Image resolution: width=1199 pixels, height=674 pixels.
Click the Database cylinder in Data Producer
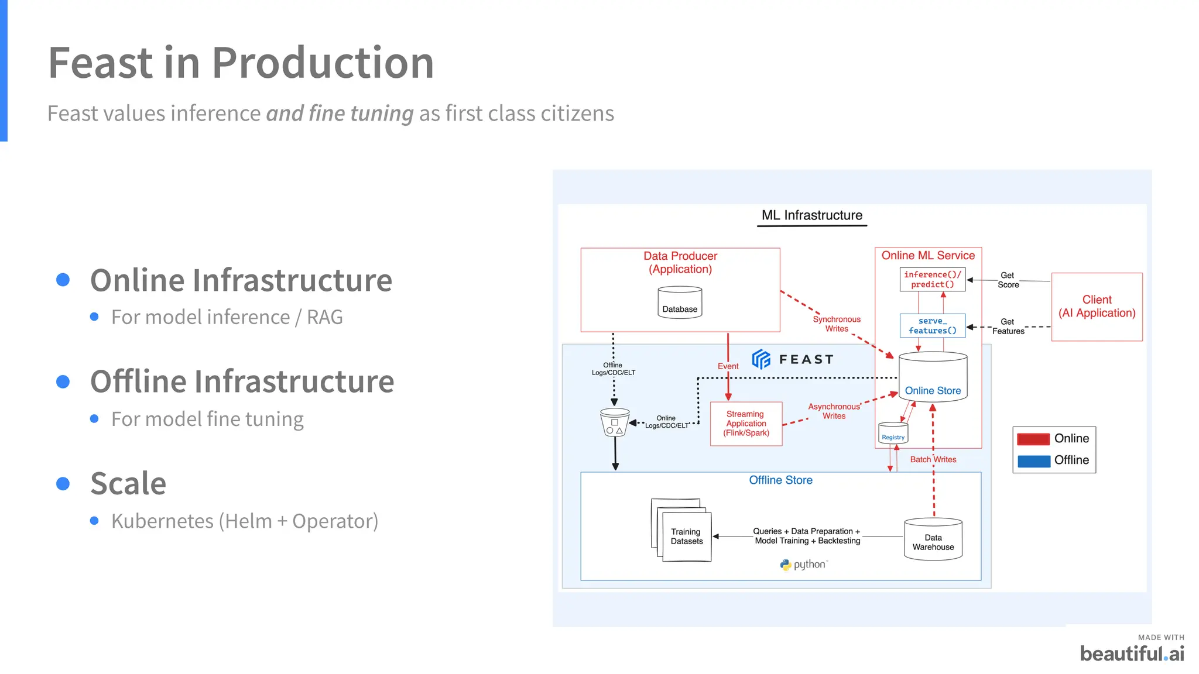click(x=680, y=302)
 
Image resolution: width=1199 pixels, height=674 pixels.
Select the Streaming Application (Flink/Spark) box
click(x=746, y=424)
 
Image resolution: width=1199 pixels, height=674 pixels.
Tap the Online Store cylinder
click(x=933, y=377)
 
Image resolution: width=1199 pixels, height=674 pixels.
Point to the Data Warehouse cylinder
click(x=933, y=540)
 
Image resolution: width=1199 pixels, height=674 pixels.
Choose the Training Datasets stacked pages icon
click(x=681, y=531)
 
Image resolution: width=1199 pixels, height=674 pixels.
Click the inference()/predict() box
click(x=932, y=280)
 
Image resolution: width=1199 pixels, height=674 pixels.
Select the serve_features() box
click(x=932, y=326)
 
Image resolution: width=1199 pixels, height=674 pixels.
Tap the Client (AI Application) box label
click(x=1097, y=307)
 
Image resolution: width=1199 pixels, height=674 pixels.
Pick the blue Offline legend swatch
click(x=1033, y=461)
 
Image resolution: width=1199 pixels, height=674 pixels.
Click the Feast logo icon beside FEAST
click(x=761, y=359)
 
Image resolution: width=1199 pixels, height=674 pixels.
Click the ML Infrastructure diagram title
click(x=811, y=215)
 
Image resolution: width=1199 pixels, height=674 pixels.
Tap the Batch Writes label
click(x=933, y=460)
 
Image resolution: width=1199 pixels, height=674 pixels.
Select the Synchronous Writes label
click(x=837, y=324)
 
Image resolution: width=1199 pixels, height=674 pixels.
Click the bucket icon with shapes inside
click(x=615, y=422)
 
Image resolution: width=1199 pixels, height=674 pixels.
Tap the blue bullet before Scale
click(x=63, y=484)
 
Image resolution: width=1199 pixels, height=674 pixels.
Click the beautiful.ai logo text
click(x=1131, y=654)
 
